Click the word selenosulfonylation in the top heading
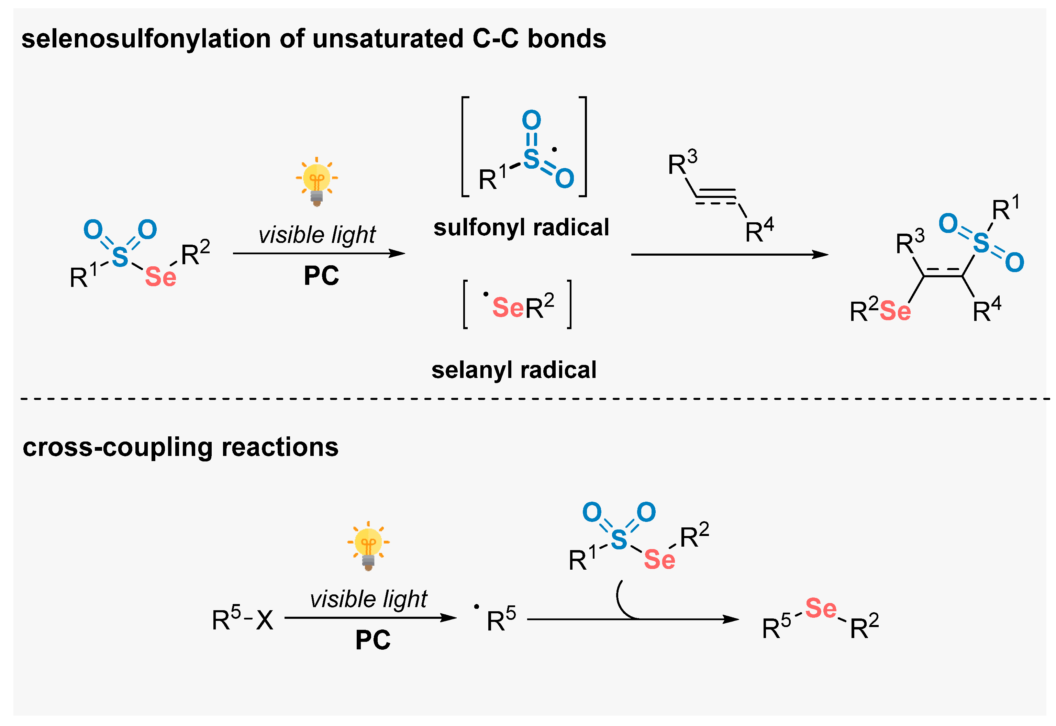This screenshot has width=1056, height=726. coord(146,39)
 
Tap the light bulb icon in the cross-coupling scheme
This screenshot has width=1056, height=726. coord(368,546)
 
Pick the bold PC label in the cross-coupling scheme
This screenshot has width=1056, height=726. coord(373,640)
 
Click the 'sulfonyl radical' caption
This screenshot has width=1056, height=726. coord(521,227)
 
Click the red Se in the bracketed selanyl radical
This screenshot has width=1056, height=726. coord(508,308)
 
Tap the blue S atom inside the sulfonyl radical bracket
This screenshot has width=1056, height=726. coord(531,159)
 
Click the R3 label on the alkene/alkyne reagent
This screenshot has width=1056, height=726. coord(681,163)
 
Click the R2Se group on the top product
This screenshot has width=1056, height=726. coord(880,312)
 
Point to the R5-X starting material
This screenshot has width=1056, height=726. coord(243,619)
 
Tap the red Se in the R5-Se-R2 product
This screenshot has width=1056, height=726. coord(820,608)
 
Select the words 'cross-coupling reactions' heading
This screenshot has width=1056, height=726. coord(181,447)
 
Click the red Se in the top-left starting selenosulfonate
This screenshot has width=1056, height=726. coord(160,277)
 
